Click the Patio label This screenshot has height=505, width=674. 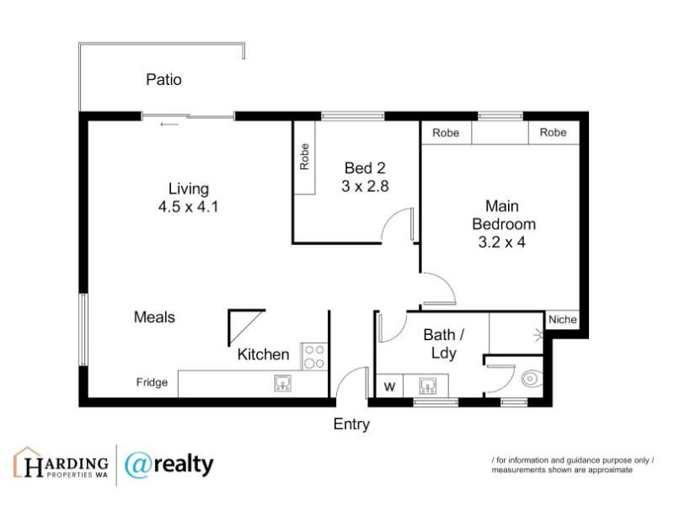[163, 79]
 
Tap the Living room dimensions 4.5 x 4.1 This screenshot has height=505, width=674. [188, 207]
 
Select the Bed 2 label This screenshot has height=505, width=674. [365, 167]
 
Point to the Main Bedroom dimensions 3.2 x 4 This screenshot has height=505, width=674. [501, 242]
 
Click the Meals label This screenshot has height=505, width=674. [154, 317]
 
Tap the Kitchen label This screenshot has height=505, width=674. [263, 354]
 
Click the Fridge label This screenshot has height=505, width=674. [152, 382]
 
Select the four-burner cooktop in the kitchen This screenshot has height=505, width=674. [314, 356]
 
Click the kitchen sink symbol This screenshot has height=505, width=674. [283, 383]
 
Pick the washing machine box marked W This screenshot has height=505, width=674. [389, 386]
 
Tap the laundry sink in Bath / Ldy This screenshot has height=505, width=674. [428, 385]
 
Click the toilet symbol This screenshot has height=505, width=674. [532, 379]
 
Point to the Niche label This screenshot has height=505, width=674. [562, 320]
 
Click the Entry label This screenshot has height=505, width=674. [351, 424]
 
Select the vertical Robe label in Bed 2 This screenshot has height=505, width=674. [304, 157]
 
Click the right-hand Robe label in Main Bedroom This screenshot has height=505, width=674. [553, 132]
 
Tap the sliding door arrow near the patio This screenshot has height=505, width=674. [169, 125]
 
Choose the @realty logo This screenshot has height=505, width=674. [169, 465]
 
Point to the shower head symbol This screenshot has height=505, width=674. [538, 334]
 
